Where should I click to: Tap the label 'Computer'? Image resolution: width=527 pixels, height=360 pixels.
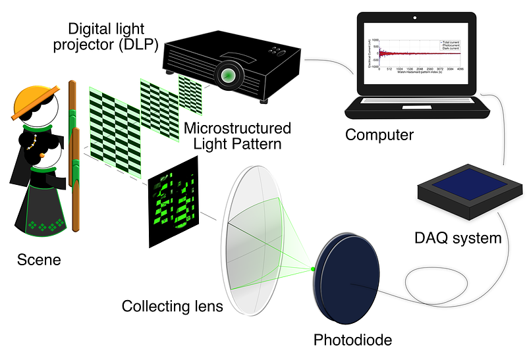[379, 135]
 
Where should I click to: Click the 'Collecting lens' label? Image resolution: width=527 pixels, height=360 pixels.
[173, 306]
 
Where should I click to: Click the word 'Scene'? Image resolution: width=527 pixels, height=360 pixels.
[39, 259]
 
